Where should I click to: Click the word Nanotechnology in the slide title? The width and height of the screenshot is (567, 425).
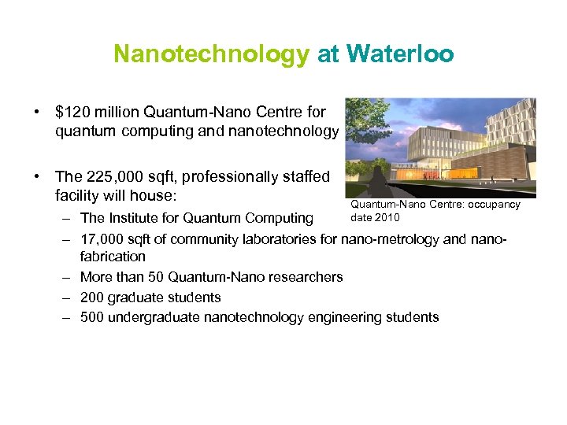[211, 54]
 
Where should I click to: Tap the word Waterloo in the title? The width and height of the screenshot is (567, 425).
[400, 54]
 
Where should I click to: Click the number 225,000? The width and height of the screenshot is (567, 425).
[113, 176]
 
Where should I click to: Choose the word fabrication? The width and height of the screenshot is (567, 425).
[113, 257]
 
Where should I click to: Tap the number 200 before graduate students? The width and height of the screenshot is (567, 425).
[91, 297]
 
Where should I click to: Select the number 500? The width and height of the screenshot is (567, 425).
[91, 318]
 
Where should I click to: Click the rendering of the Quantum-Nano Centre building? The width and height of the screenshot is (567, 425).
[441, 147]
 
